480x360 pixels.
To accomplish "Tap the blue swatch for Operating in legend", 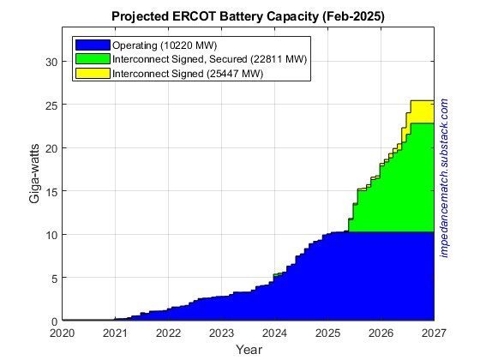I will (x=92, y=44).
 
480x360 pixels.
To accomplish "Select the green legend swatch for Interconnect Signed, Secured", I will (x=92, y=58).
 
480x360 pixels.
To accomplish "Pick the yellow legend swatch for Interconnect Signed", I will (x=92, y=73).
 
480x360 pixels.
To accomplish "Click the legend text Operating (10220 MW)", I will (x=163, y=44).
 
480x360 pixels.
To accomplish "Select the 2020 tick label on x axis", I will (x=63, y=333).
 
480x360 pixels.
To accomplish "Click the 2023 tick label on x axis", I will (x=221, y=333).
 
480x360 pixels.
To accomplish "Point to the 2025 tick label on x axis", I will (x=327, y=333).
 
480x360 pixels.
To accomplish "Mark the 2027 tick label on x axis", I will (x=433, y=333).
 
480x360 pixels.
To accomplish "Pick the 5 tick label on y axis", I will (x=53, y=278).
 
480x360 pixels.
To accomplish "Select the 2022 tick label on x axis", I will (x=168, y=333).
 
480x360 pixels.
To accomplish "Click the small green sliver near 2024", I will (x=278, y=274).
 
